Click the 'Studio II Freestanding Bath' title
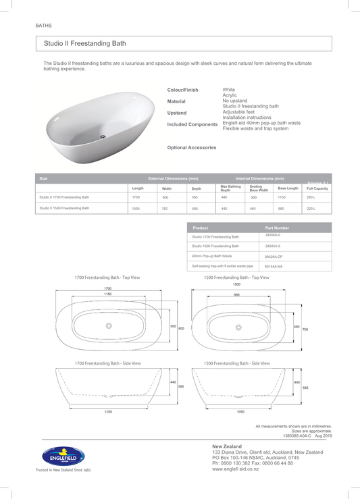pyautogui.click(x=84, y=43)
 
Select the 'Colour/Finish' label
pyautogui.click(x=182, y=90)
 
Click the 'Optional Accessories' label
pyautogui.click(x=192, y=147)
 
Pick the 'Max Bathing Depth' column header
pyautogui.click(x=230, y=188)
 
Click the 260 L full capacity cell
pyautogui.click(x=311, y=197)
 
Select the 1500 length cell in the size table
pyautogui.click(x=136, y=209)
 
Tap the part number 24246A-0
pyautogui.click(x=273, y=235)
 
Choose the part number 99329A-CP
pyautogui.click(x=274, y=257)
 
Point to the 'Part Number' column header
pyautogui.click(x=277, y=228)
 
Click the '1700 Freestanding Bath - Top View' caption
pyautogui.click(x=107, y=278)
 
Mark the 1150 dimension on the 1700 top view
pyautogui.click(x=107, y=294)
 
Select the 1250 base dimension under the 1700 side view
pyautogui.click(x=108, y=411)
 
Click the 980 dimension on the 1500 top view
pyautogui.click(x=236, y=294)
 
